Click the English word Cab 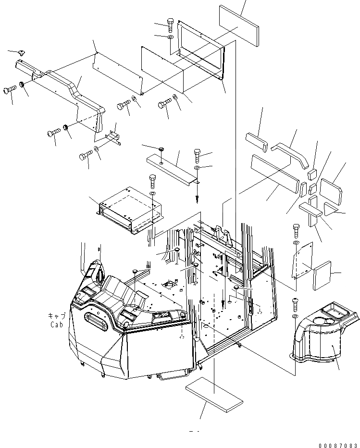[57, 324]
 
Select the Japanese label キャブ [57, 316]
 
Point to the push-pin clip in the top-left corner [23, 51]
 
